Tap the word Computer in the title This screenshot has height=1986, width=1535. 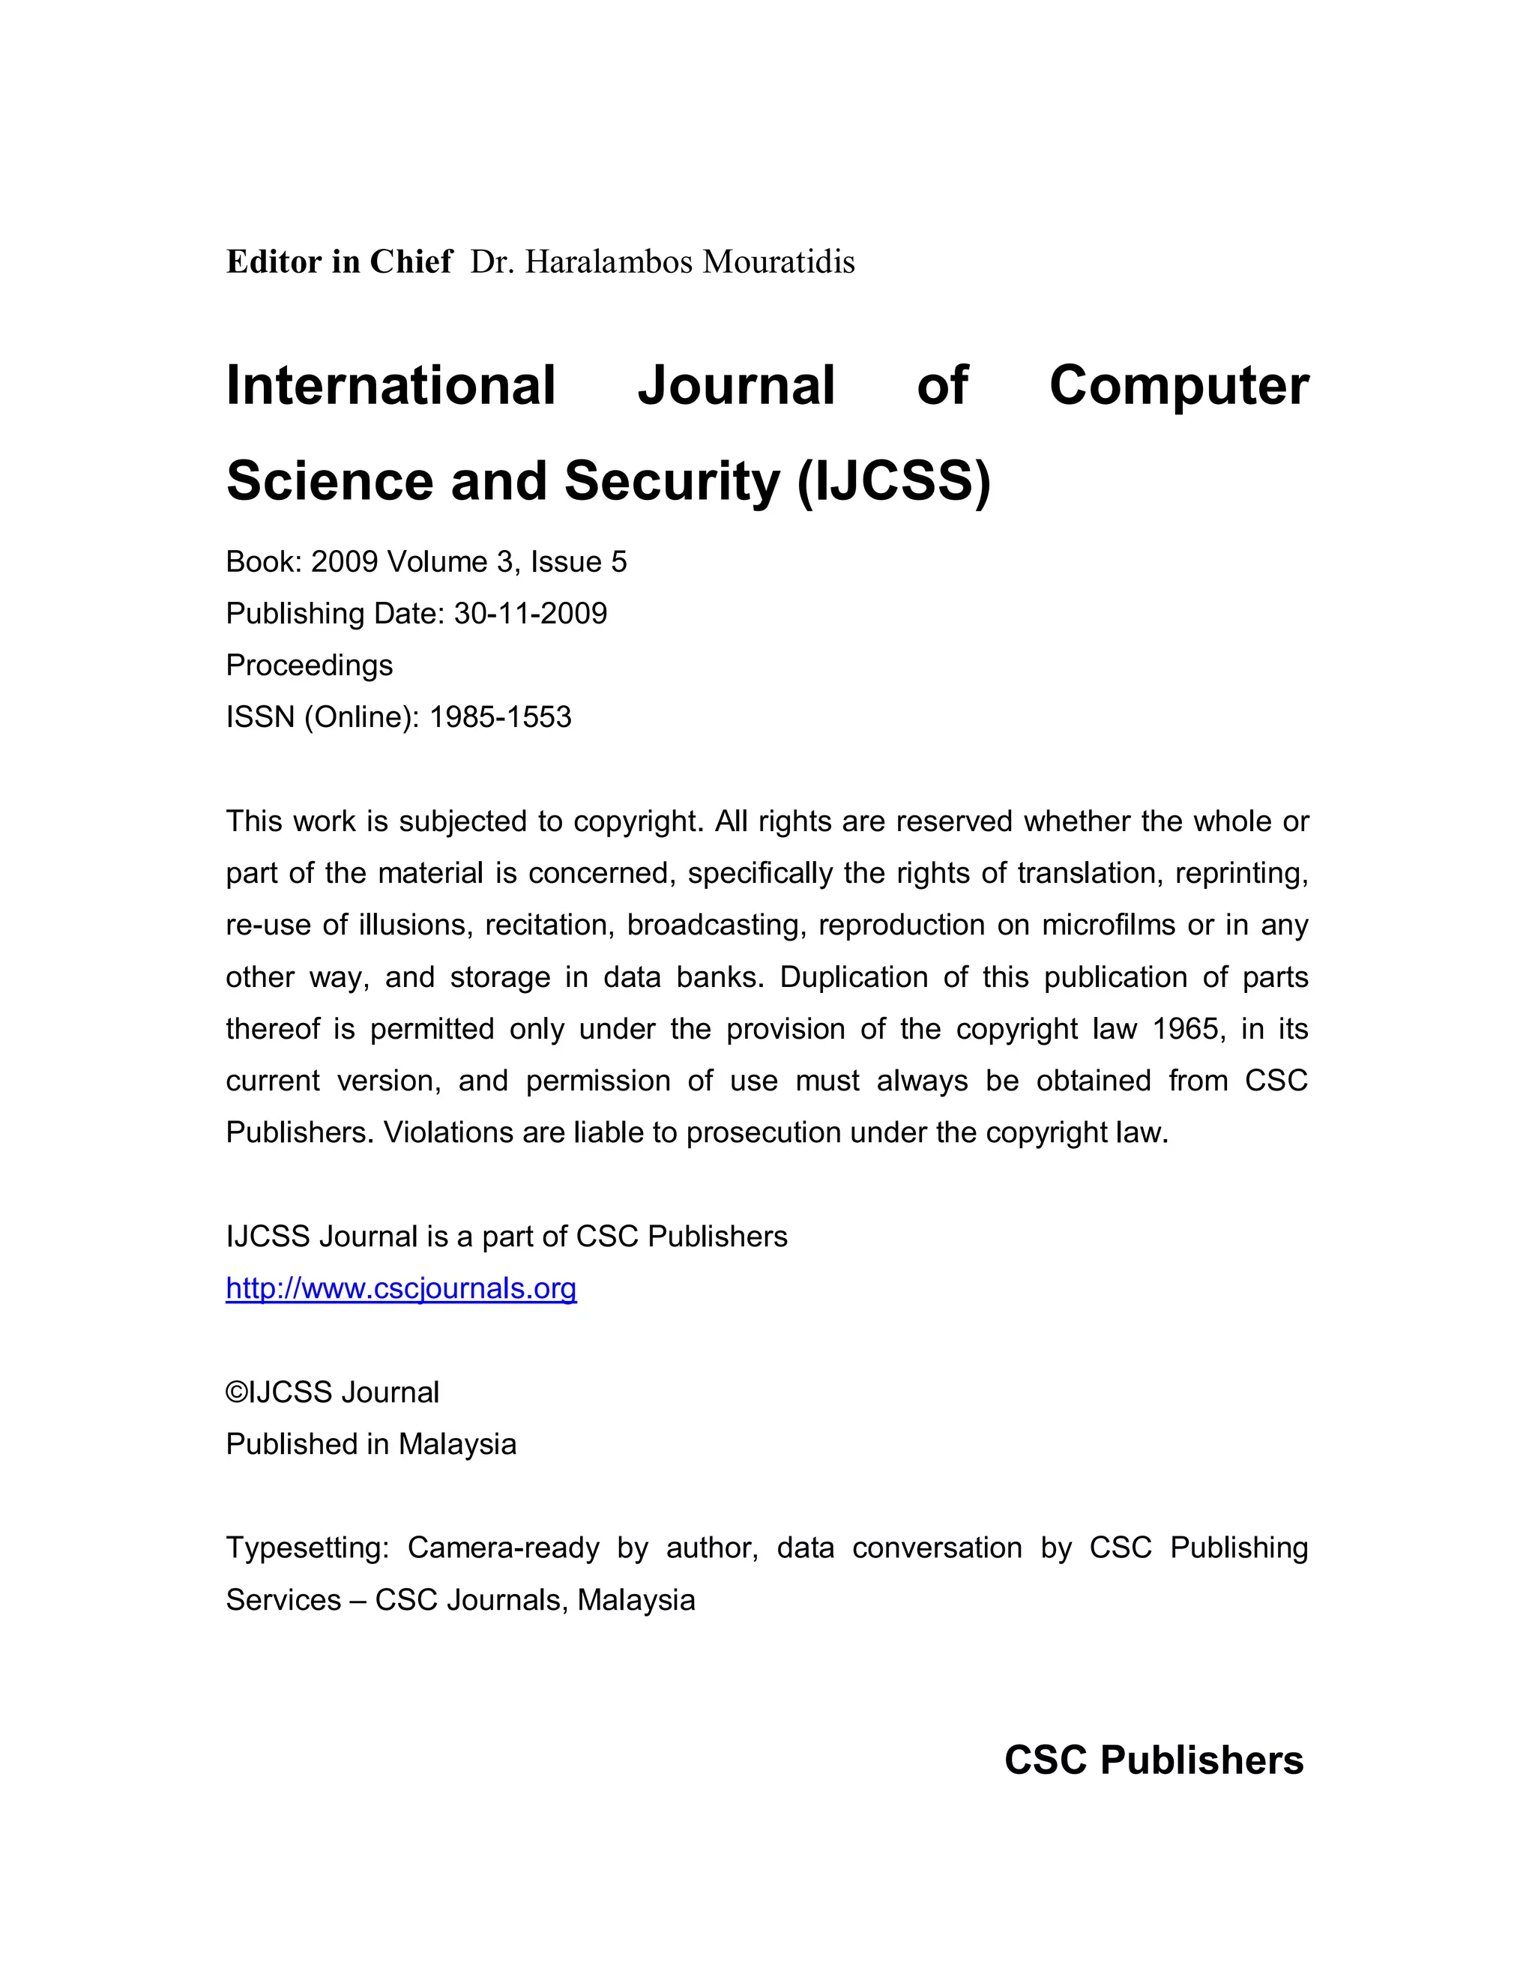pos(1178,384)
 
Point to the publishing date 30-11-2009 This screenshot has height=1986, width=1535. pos(530,614)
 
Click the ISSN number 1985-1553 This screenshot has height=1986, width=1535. pos(500,717)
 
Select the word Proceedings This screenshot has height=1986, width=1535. pos(310,665)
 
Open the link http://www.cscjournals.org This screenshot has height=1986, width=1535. pos(401,1288)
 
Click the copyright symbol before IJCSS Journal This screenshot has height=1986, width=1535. pos(235,1393)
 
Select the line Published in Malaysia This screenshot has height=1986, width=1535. pos(371,1444)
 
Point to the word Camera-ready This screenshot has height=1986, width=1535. pos(503,1548)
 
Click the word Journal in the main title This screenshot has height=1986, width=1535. pos(736,384)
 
